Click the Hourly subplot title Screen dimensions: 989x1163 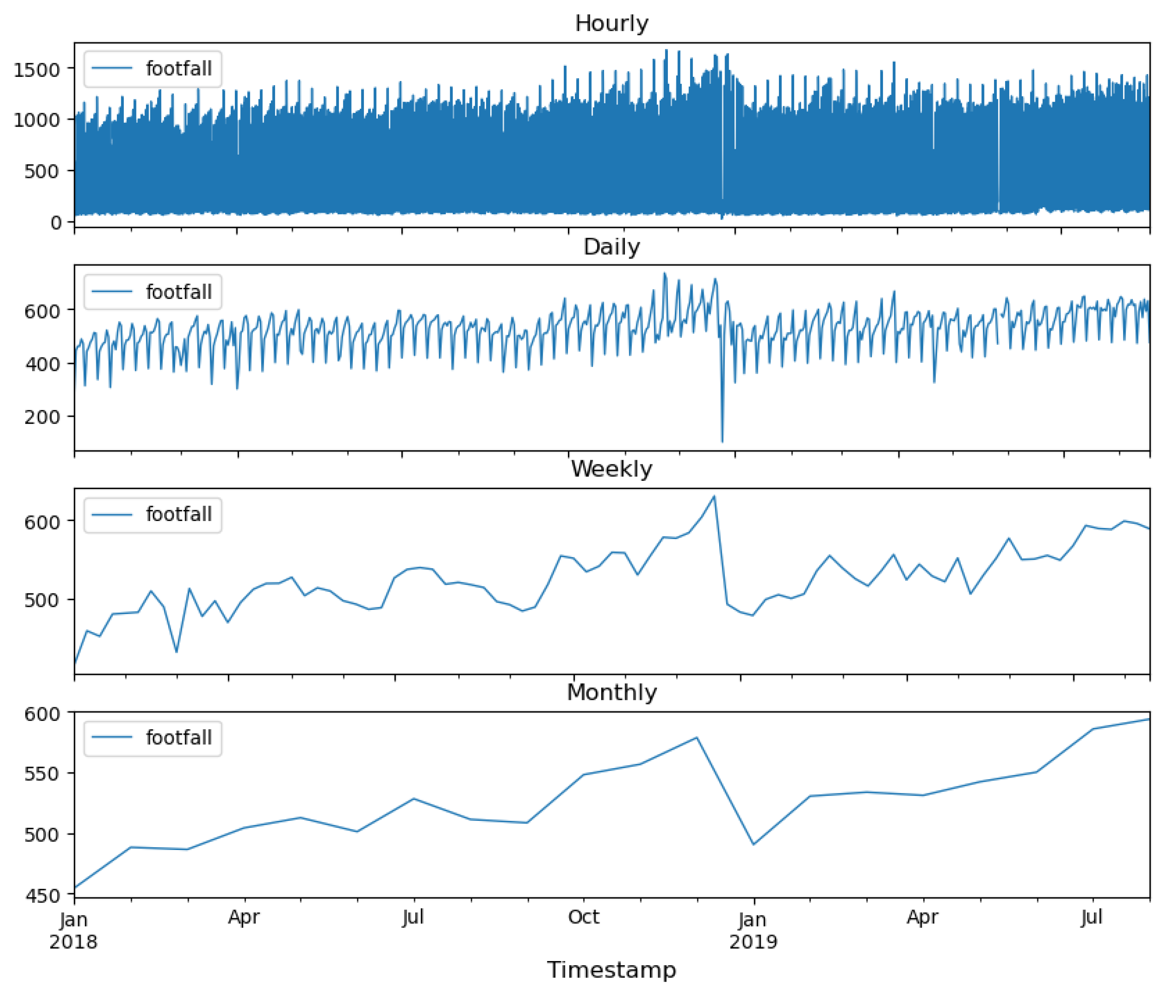(611, 23)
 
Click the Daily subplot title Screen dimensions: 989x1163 (611, 247)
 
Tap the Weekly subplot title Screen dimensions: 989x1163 (611, 469)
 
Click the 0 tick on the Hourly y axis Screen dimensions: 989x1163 (56, 222)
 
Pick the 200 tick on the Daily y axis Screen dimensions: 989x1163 (42, 417)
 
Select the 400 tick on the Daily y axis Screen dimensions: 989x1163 (42, 364)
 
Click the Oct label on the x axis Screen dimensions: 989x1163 (583, 917)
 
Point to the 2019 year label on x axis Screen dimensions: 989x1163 (753, 942)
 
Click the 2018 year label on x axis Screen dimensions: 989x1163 (74, 942)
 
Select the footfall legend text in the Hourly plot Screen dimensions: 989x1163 (178, 69)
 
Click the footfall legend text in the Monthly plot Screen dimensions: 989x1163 (178, 738)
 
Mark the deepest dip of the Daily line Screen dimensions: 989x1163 (722, 441)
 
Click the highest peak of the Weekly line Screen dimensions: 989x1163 (714, 496)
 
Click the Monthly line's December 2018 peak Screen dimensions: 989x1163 (697, 738)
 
